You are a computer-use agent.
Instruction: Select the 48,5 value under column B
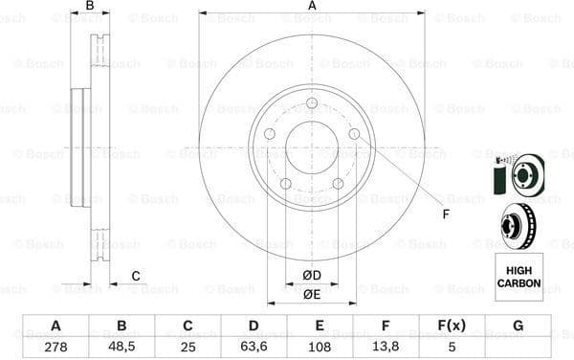point(121,346)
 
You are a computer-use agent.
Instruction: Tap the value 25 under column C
point(188,346)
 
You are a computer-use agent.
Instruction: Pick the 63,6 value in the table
point(254,346)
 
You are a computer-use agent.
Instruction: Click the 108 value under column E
point(320,346)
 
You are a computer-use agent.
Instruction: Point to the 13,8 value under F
point(386,346)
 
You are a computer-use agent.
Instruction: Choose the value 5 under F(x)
point(452,346)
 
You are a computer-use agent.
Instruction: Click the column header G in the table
point(518,326)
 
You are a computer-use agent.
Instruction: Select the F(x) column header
point(452,326)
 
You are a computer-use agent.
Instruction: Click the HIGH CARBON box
point(519,277)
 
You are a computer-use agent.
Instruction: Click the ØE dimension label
point(311,295)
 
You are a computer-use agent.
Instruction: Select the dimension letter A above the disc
point(312,7)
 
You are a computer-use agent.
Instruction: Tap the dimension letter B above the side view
point(90,7)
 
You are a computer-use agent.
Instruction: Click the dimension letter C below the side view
point(136,277)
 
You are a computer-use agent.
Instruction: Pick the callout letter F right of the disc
point(445,213)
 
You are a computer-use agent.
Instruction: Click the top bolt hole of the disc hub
point(312,104)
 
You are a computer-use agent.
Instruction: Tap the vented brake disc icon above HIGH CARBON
point(519,226)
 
